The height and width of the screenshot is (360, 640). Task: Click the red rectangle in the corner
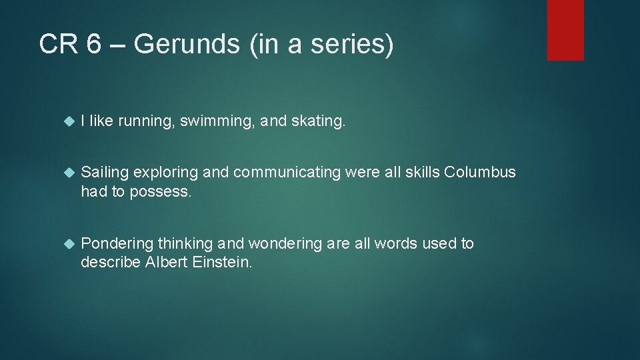click(x=565, y=30)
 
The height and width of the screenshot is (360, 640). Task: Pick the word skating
click(x=319, y=122)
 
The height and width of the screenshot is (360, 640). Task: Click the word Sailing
click(x=105, y=172)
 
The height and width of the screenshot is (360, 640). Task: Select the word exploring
click(x=165, y=172)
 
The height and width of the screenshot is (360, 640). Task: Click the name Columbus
click(x=480, y=172)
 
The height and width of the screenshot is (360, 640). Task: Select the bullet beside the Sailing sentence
click(x=67, y=173)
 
